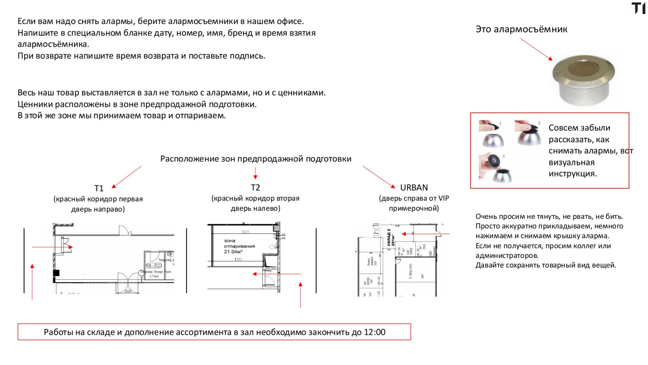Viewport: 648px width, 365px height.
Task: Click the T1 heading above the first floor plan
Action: click(x=99, y=188)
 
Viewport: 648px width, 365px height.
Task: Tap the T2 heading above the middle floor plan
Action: click(x=255, y=188)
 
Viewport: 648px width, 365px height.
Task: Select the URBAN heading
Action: click(x=414, y=188)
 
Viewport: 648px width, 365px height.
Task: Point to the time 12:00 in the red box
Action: click(x=375, y=332)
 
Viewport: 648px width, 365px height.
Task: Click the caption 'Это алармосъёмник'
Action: click(x=521, y=29)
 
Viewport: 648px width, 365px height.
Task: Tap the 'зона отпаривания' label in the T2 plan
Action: click(x=239, y=243)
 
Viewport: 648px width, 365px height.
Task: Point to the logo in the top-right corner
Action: click(x=638, y=8)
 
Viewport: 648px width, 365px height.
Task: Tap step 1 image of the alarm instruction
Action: click(x=491, y=133)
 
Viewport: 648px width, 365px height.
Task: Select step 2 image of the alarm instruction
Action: click(x=528, y=132)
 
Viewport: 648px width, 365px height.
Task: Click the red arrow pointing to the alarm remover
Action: click(x=536, y=49)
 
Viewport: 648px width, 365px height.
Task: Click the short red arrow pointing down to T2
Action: click(x=255, y=173)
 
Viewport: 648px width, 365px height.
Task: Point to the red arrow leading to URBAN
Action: click(x=378, y=177)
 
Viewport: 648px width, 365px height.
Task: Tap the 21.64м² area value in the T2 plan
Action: click(x=233, y=252)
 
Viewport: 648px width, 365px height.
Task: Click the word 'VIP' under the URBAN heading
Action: click(x=443, y=198)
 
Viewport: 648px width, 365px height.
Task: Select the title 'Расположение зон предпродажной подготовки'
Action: click(x=255, y=159)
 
